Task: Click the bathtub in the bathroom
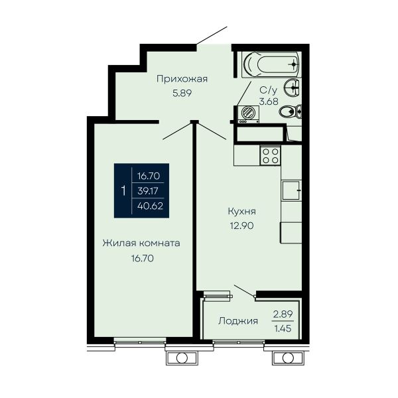(x=271, y=64)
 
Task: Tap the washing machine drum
(x=247, y=113)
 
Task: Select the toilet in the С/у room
(x=291, y=111)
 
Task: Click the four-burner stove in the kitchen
(x=270, y=156)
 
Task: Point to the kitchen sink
(x=291, y=190)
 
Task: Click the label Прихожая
(x=182, y=79)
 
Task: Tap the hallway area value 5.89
(x=182, y=94)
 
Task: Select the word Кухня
(x=241, y=212)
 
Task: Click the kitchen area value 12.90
(x=241, y=226)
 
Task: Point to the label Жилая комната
(x=141, y=243)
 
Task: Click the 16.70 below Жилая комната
(x=142, y=259)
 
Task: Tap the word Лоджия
(x=238, y=321)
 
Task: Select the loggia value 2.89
(x=283, y=314)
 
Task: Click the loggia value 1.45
(x=283, y=329)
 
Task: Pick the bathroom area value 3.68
(x=269, y=101)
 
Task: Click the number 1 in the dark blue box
(x=123, y=190)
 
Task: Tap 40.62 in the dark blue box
(x=150, y=206)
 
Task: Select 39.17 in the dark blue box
(x=148, y=191)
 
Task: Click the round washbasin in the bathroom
(x=293, y=88)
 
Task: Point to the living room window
(x=140, y=342)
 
